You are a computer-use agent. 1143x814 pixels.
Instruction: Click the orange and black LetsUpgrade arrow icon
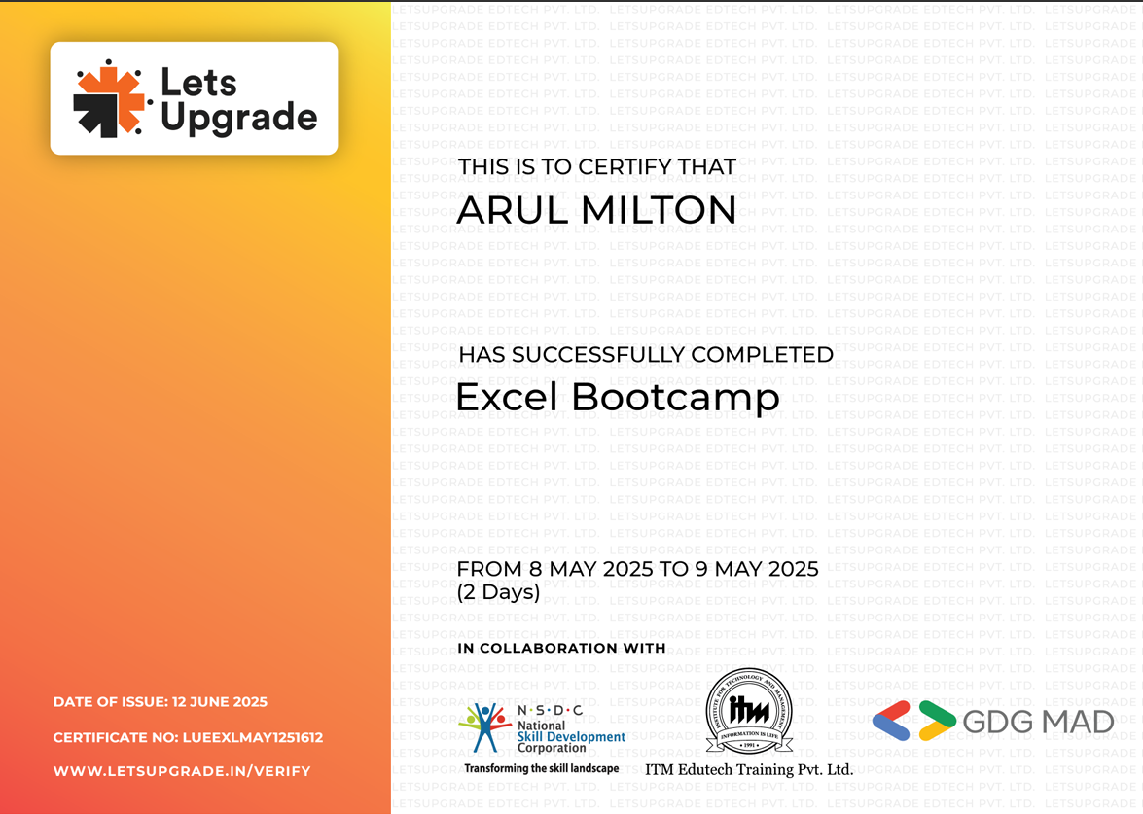pos(110,99)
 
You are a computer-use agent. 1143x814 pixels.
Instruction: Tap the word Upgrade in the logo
pos(239,118)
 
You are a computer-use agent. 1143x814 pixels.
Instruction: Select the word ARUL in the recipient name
pos(513,211)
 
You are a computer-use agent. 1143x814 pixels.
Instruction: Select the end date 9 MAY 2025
pos(757,568)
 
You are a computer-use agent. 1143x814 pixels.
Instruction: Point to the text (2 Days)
pos(499,591)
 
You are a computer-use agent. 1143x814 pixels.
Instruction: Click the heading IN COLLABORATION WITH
pos(561,648)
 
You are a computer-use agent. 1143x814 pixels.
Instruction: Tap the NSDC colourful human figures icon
pos(484,727)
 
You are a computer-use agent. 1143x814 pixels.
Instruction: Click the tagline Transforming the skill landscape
pos(542,768)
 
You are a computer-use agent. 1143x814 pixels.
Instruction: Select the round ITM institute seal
pos(749,711)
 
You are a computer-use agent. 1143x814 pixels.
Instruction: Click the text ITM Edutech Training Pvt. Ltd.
pos(749,769)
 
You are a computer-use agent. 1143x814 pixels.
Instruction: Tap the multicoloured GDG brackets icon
pos(914,721)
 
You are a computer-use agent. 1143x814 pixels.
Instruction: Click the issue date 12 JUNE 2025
pos(220,702)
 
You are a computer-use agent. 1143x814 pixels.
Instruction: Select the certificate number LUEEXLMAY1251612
pos(252,737)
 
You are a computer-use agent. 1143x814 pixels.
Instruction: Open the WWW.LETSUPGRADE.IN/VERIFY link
pos(182,771)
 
